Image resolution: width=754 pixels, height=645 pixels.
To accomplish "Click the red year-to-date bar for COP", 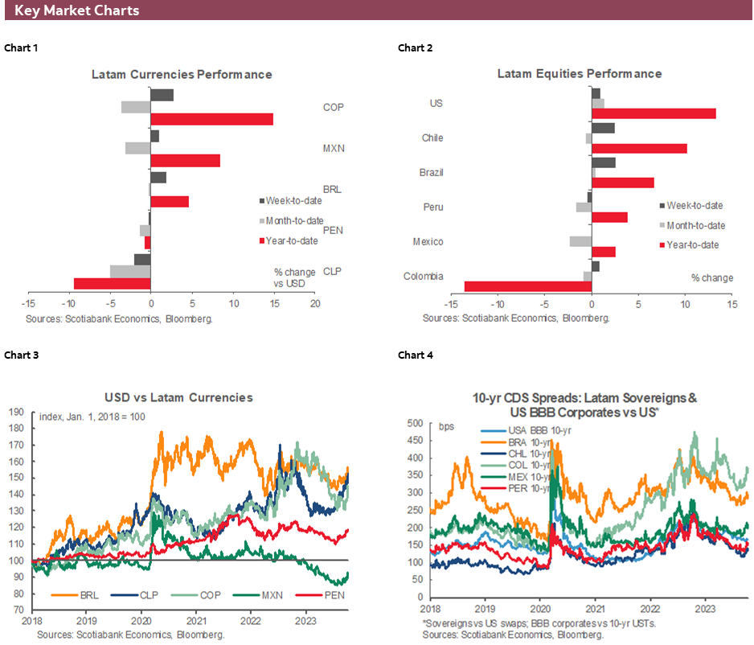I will point(211,119).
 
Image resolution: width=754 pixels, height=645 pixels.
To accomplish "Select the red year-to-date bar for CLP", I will point(112,283).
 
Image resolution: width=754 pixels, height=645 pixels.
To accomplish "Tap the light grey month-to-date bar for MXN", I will point(137,148).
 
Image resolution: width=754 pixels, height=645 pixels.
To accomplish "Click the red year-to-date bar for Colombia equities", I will point(527,286).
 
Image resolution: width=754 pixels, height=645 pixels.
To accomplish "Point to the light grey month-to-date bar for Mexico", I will point(580,241).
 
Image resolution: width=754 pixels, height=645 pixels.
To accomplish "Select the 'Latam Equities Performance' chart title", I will point(579,73).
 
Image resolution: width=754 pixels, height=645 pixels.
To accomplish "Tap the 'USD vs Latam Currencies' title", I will point(178,397).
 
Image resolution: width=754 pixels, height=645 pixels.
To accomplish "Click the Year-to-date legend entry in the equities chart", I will point(690,245).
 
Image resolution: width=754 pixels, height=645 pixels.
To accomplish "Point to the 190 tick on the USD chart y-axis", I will point(17,412).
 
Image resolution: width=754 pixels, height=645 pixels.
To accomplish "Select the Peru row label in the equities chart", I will point(433,207).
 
